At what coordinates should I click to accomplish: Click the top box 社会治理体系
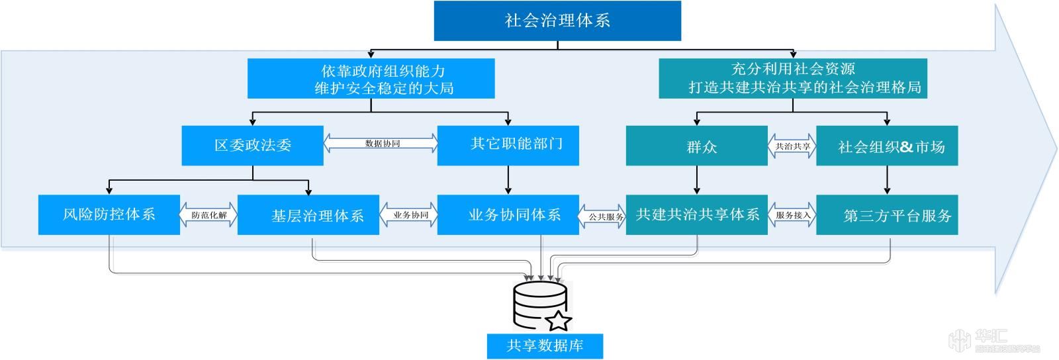click(x=557, y=21)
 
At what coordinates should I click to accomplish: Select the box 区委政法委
click(x=252, y=146)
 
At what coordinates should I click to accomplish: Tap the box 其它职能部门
click(x=508, y=145)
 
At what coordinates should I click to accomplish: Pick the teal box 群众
click(x=696, y=146)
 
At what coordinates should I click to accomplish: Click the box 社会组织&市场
click(x=887, y=146)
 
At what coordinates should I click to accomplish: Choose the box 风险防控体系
click(x=109, y=214)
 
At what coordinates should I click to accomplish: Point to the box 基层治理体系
click(x=308, y=215)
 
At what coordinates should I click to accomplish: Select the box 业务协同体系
click(x=508, y=215)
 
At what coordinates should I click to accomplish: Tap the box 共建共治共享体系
click(x=696, y=215)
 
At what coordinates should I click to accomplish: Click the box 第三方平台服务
click(x=887, y=215)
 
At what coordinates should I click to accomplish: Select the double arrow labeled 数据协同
click(x=381, y=143)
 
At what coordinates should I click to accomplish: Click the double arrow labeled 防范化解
click(x=208, y=215)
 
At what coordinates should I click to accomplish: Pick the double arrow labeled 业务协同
click(x=409, y=215)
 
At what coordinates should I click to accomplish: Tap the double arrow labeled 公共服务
click(x=603, y=216)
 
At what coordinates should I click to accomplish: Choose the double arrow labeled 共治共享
click(x=792, y=146)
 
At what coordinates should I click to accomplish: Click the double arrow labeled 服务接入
click(x=792, y=215)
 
